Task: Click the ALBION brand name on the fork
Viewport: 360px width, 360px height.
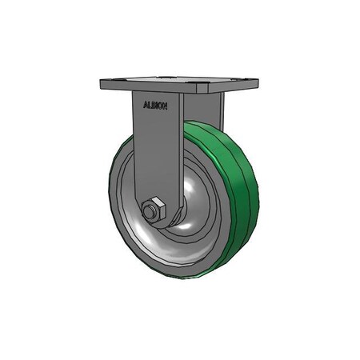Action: click(155, 104)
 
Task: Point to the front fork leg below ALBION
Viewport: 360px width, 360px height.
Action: click(148, 152)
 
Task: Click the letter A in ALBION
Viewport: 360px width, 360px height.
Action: click(145, 104)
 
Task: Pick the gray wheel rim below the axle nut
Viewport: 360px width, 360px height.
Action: click(160, 256)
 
